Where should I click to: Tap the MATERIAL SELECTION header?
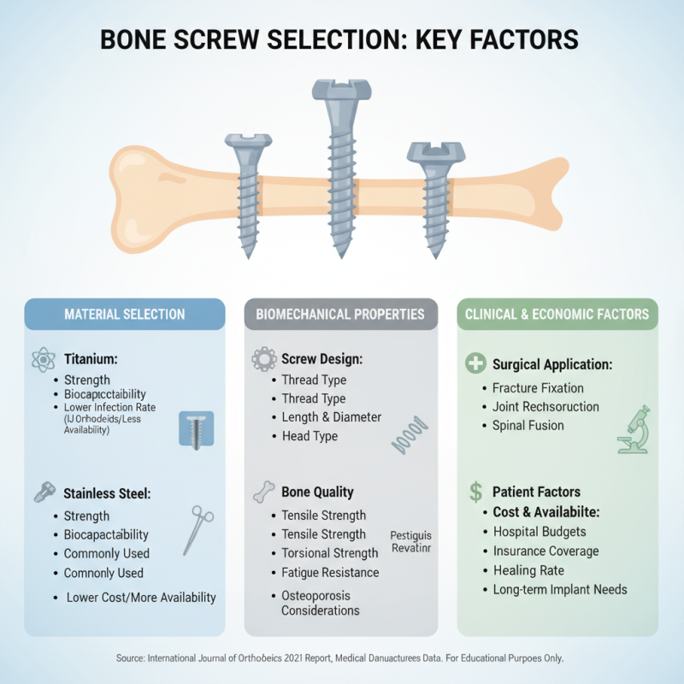tap(125, 315)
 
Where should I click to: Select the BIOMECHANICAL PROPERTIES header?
tap(340, 315)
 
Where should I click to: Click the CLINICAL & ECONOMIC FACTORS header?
tap(557, 315)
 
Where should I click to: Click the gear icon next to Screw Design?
tap(263, 360)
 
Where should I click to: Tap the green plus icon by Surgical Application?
tap(475, 364)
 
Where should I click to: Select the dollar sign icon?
tap(475, 492)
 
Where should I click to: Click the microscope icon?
tap(632, 429)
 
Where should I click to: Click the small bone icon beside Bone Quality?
tap(263, 492)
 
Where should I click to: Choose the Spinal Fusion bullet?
tap(528, 426)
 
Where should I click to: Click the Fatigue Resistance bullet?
tap(330, 573)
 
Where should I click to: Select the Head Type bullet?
tap(310, 436)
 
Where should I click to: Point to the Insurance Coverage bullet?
tap(545, 551)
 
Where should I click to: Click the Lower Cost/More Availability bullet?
tap(140, 597)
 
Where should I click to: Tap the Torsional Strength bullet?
tap(329, 553)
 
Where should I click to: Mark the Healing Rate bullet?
tap(528, 570)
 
